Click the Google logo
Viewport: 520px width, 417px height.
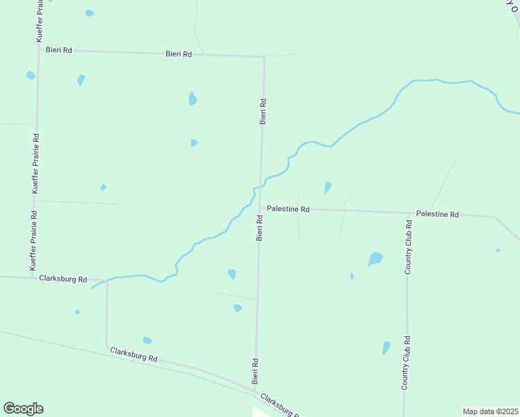click(23, 409)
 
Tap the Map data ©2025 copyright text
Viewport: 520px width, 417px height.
click(489, 411)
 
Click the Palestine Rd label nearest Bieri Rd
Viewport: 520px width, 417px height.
click(288, 208)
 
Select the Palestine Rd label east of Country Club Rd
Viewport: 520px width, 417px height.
click(437, 214)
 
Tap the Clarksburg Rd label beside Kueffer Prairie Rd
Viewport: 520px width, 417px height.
click(63, 279)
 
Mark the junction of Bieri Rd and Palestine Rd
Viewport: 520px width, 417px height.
click(260, 207)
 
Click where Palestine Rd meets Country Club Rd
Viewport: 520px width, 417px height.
click(408, 213)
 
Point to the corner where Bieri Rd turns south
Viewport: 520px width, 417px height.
click(263, 56)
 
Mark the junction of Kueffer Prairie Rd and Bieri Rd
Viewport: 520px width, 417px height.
click(38, 49)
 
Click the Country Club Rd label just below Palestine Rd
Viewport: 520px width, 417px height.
click(409, 247)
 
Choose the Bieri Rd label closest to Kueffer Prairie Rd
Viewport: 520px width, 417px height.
click(58, 50)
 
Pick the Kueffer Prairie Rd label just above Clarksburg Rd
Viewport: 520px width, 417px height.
click(33, 236)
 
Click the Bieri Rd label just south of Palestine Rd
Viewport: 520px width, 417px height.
click(259, 228)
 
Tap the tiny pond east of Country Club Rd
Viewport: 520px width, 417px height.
click(498, 250)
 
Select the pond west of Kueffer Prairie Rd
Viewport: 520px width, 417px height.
click(30, 75)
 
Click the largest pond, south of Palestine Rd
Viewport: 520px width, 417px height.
click(375, 259)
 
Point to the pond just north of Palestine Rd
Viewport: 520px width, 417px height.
click(327, 187)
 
